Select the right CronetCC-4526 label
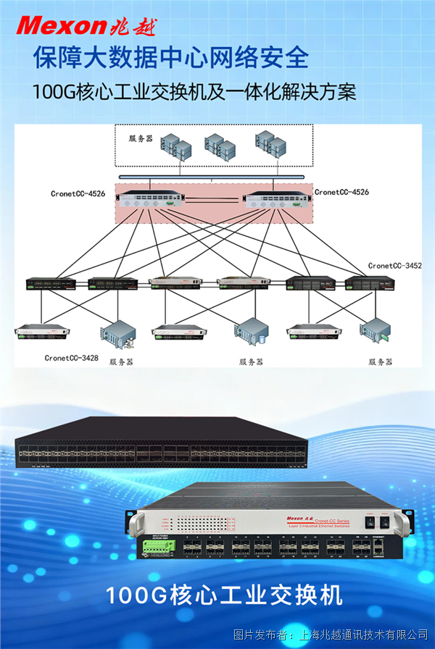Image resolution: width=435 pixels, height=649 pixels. [x=341, y=192]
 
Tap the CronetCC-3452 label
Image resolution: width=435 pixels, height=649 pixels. [x=394, y=266]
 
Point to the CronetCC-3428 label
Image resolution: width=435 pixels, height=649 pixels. [x=71, y=358]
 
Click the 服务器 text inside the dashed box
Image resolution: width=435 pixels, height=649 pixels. [x=141, y=138]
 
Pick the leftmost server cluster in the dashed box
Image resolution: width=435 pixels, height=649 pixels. [x=178, y=148]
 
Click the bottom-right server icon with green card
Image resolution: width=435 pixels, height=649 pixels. [x=377, y=330]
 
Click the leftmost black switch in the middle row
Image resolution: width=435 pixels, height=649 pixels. [x=50, y=284]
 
